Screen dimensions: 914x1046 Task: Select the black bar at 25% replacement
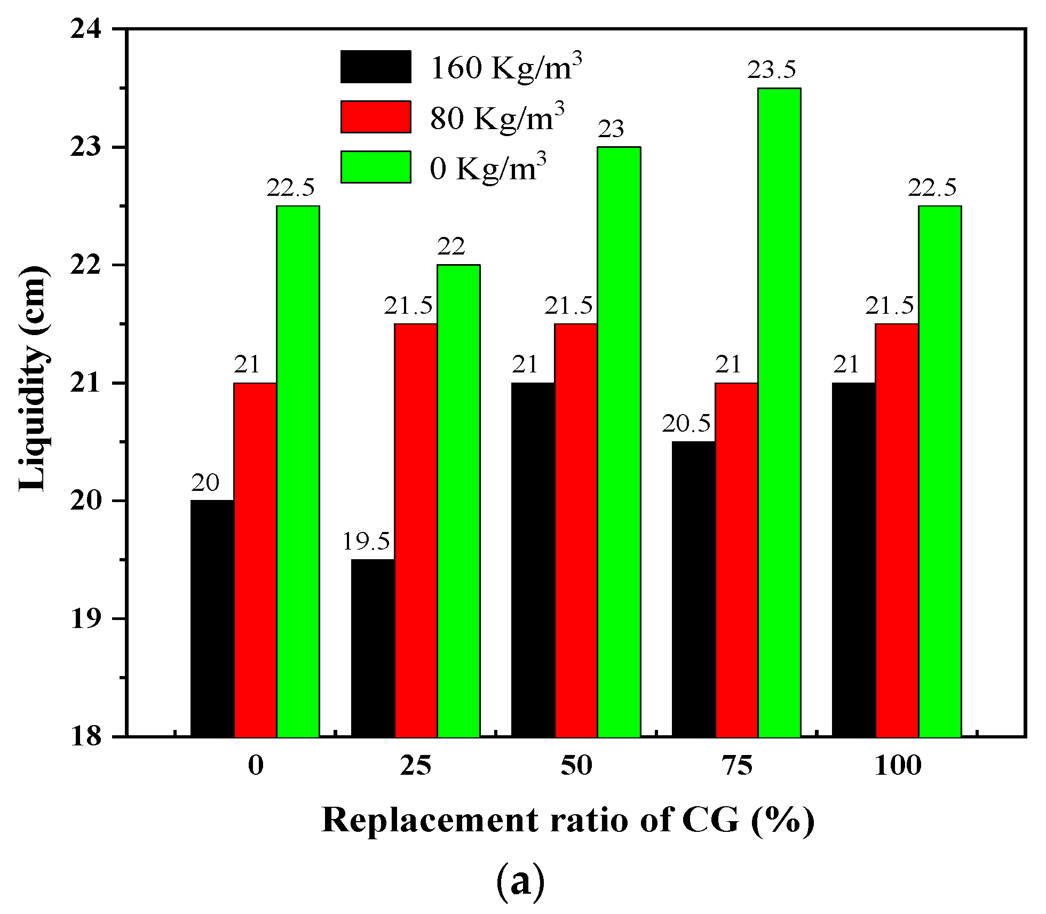(373, 648)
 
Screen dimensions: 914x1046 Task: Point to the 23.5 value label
(771, 70)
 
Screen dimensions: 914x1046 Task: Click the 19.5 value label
(366, 542)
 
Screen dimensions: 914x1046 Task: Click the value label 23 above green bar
(611, 129)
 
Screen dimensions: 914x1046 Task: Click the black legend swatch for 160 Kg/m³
(376, 67)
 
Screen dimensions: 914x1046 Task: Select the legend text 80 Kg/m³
(497, 117)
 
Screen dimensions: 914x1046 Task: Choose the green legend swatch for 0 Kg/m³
(376, 167)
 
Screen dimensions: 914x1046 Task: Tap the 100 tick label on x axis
(898, 766)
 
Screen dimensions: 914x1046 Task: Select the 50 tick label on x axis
(576, 766)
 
